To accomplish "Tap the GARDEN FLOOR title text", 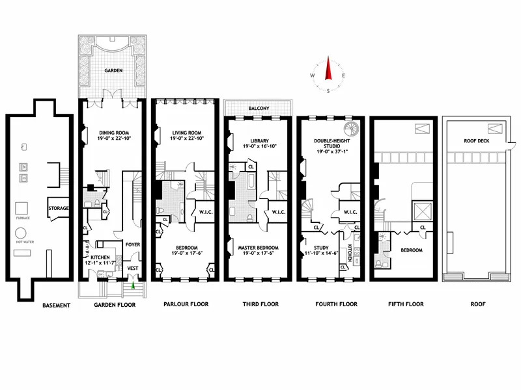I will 115,304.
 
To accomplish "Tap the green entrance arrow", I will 134,285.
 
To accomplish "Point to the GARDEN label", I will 115,70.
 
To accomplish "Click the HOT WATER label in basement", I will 23,242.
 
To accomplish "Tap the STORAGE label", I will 59,209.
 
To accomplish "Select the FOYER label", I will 133,245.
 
